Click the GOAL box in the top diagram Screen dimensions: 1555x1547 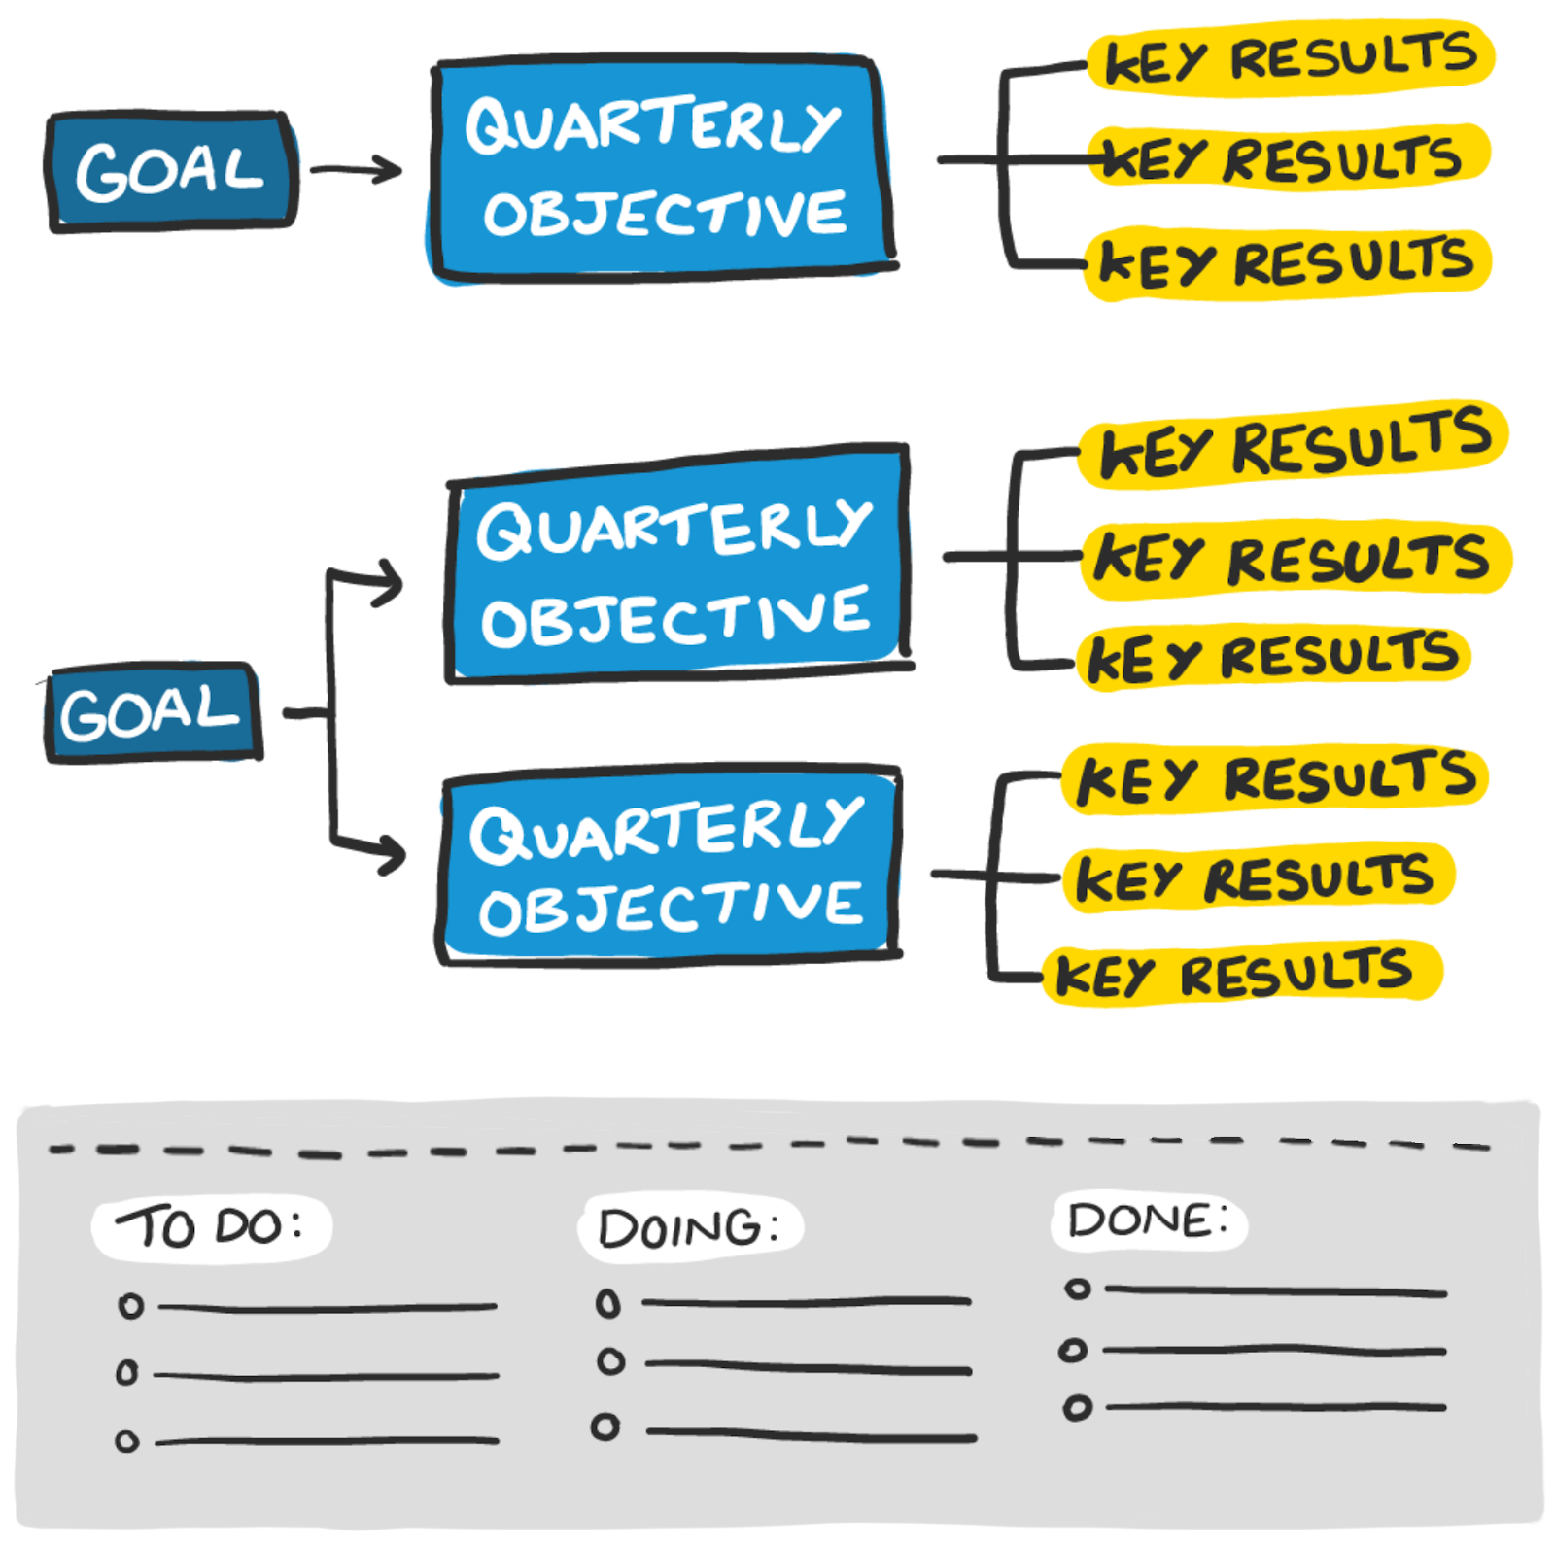coord(172,171)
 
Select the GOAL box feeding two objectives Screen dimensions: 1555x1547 coord(153,712)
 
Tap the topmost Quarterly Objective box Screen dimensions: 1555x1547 coord(662,168)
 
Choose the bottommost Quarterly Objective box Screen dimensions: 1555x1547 coord(670,865)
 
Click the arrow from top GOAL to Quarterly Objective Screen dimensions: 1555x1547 coord(356,170)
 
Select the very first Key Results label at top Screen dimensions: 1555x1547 coord(1291,58)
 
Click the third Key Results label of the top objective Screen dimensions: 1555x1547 coord(1287,262)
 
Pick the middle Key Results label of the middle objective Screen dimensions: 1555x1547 coord(1296,559)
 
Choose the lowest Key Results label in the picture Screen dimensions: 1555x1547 coord(1243,973)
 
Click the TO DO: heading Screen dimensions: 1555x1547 coord(211,1227)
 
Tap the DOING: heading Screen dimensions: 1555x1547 coord(690,1227)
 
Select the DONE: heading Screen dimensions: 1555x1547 coord(1149,1220)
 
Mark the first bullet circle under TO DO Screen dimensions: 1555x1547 coord(130,1305)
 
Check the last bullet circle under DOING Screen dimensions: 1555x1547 coord(605,1427)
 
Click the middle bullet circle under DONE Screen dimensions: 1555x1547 coord(1073,1350)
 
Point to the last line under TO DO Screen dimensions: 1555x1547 coord(328,1441)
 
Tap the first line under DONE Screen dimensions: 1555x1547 coord(1276,1291)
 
